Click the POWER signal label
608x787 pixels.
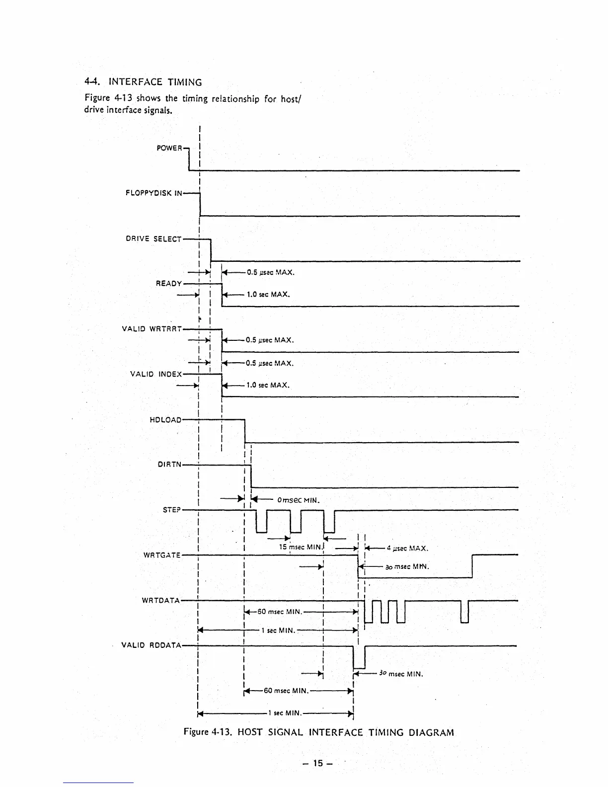[x=169, y=148]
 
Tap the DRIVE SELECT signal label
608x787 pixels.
[x=153, y=239]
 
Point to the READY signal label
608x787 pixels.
[x=169, y=284]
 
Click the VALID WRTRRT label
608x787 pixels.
[x=152, y=329]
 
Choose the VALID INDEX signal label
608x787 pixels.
[x=155, y=374]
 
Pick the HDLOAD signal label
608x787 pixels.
[x=165, y=420]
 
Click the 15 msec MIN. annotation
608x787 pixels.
[x=301, y=547]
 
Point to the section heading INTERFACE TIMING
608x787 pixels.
[x=155, y=82]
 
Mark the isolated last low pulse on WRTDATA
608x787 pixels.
[x=464, y=612]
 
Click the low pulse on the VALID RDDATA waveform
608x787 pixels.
[x=359, y=658]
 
